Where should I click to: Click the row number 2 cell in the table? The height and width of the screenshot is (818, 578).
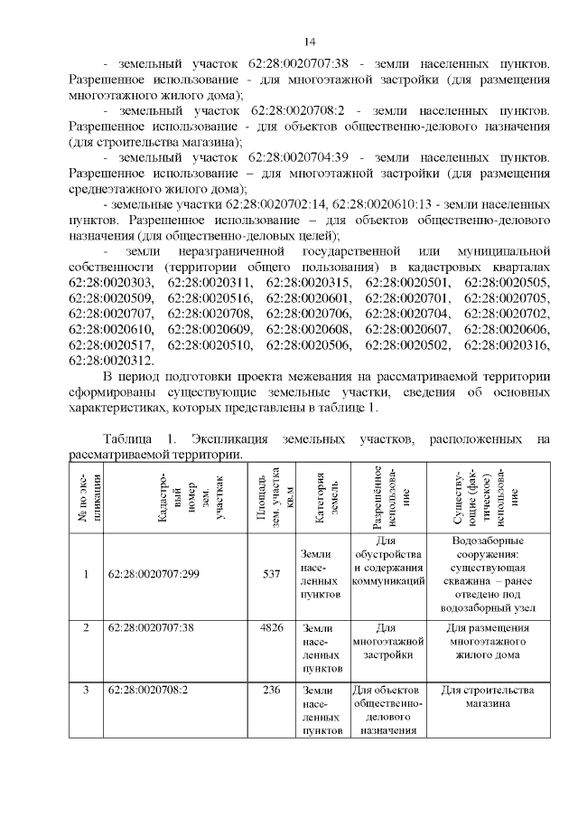[x=86, y=626]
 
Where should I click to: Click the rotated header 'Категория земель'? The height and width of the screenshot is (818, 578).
[x=321, y=496]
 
